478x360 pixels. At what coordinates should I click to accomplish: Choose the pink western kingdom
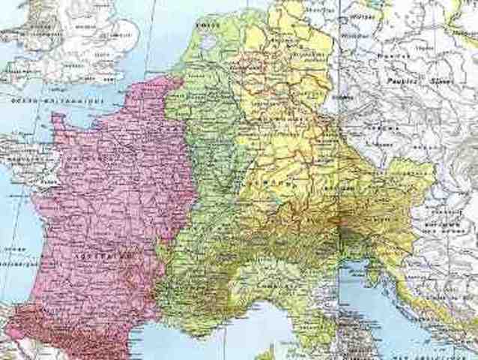[112, 195]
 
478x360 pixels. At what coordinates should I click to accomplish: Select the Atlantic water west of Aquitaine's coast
[19, 247]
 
